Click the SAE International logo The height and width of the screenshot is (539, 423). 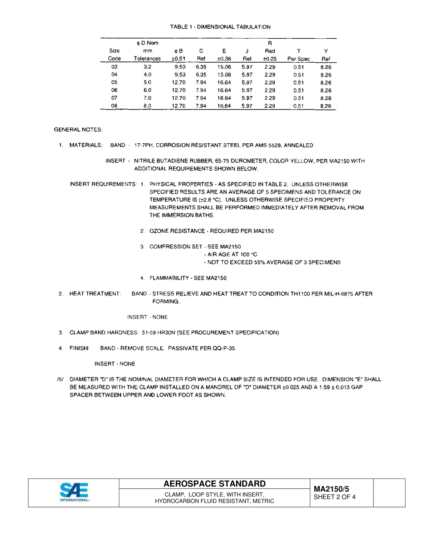tap(74, 492)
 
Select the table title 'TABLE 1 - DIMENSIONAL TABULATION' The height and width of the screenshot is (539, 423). tap(220, 27)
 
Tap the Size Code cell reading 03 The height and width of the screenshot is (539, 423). tap(114, 67)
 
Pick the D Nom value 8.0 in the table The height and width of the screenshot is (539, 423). tap(147, 106)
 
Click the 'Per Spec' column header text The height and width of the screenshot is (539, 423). tap(298, 59)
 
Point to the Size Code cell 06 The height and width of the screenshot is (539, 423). tap(114, 90)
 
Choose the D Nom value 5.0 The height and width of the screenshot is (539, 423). tap(147, 82)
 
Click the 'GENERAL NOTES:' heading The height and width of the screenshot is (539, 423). tap(78, 130)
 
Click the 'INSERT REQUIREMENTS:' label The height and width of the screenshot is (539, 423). tap(103, 184)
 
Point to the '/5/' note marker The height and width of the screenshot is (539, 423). tap(60, 380)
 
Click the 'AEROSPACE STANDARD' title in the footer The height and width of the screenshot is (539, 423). tap(214, 484)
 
